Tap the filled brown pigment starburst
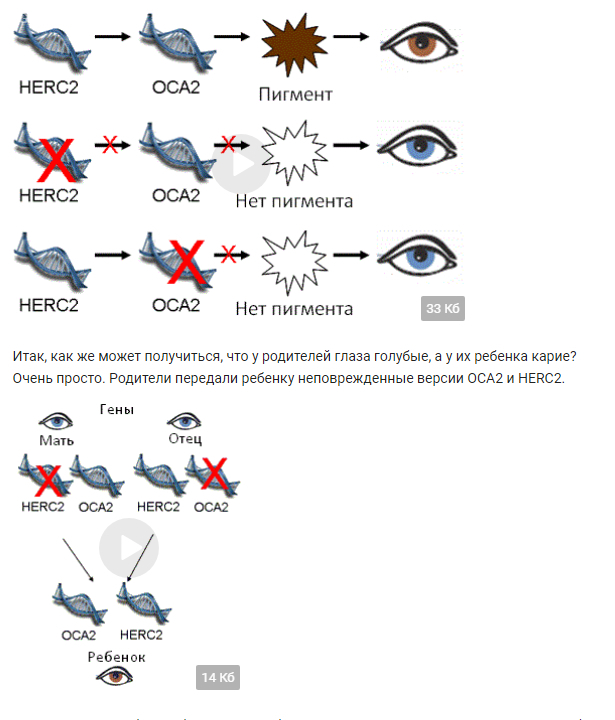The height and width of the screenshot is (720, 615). pyautogui.click(x=293, y=44)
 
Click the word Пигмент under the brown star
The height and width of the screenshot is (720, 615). pyautogui.click(x=295, y=94)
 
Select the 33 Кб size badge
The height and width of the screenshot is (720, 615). pyautogui.click(x=443, y=308)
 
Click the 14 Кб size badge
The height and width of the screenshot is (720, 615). pyautogui.click(x=218, y=677)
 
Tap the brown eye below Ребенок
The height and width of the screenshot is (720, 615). pyautogui.click(x=114, y=676)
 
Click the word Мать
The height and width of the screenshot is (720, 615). pyautogui.click(x=56, y=440)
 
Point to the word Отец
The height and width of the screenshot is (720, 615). pyautogui.click(x=185, y=439)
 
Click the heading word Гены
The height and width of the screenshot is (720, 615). pyautogui.click(x=117, y=409)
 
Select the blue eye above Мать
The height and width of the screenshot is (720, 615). pyautogui.click(x=56, y=421)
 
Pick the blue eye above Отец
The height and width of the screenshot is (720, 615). pyautogui.click(x=184, y=420)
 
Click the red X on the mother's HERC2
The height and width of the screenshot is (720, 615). pyautogui.click(x=48, y=481)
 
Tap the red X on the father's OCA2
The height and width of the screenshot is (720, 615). pyautogui.click(x=214, y=473)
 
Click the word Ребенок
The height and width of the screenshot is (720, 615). pyautogui.click(x=116, y=657)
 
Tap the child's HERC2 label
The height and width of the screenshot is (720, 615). pyautogui.click(x=141, y=635)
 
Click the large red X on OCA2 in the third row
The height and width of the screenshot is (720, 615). pyautogui.click(x=186, y=262)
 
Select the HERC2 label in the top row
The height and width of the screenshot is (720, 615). pyautogui.click(x=49, y=87)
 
